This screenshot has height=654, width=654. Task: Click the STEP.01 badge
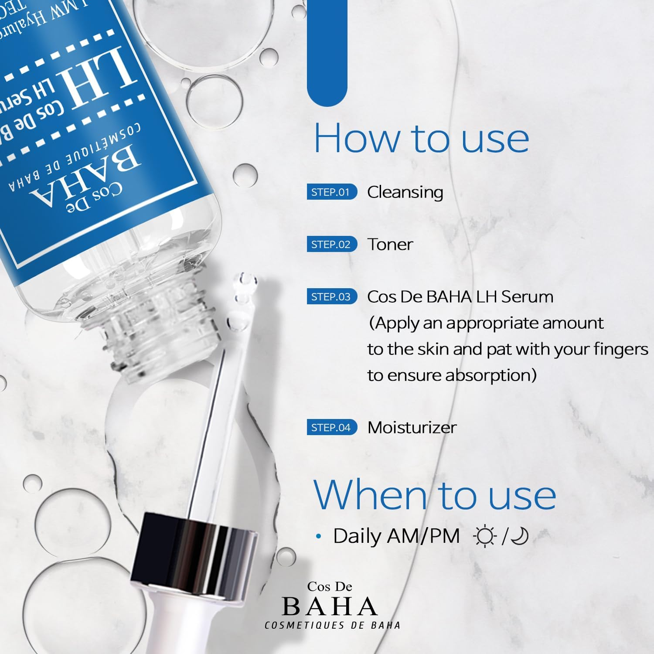coord(331,192)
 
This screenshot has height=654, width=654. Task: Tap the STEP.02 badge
coord(331,244)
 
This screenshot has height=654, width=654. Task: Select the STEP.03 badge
coord(331,296)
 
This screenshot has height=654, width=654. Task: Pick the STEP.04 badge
coord(331,427)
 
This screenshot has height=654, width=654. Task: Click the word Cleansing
coord(405,192)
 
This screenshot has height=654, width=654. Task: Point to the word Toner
coord(390,245)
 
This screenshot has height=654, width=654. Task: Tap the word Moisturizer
coord(412,427)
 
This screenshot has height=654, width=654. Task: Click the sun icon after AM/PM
coord(485,536)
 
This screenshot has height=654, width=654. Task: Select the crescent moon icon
coord(520,536)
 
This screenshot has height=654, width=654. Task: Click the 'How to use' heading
coord(421,138)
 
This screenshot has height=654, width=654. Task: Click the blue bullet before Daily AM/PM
coord(319,536)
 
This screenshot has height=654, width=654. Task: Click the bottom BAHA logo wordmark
coord(330,606)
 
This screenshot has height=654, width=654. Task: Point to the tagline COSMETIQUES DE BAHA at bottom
coord(332,625)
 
